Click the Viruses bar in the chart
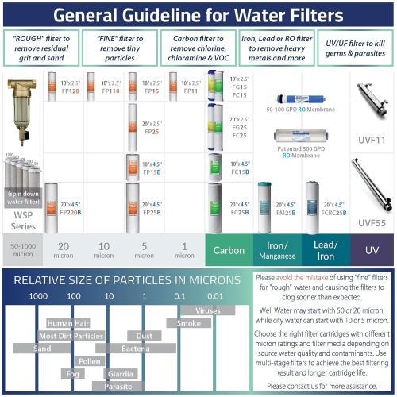coord(208,310)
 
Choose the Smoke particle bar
coord(189,323)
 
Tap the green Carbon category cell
coord(229,250)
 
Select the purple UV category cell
coord(372,250)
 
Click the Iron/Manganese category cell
coord(276,250)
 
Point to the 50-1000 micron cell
coord(22,250)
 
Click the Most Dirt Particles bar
coord(71,336)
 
